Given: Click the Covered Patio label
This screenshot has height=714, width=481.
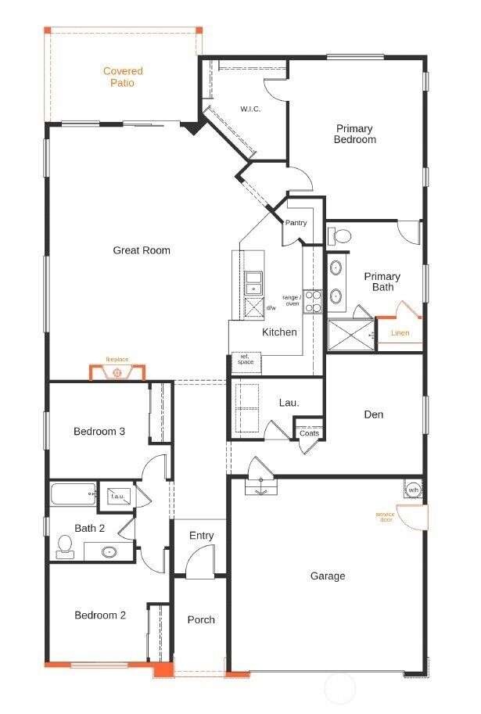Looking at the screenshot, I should point(123,77).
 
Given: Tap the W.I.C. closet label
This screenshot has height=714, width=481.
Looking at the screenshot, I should point(250,109).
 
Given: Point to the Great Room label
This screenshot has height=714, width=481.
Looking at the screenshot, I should point(142,250).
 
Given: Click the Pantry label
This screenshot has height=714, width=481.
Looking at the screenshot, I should point(296,223).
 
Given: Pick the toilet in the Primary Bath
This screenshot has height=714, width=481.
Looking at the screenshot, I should point(341,235).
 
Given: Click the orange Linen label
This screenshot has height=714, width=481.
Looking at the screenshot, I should point(400,333).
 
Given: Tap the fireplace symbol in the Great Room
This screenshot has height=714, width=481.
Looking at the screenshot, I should point(117,371).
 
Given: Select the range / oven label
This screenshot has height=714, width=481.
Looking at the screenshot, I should point(292,300).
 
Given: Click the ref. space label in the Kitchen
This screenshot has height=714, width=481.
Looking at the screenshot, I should point(245,360).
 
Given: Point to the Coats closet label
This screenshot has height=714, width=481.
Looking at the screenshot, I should point(309,433).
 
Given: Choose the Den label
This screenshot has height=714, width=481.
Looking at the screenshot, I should point(374,414).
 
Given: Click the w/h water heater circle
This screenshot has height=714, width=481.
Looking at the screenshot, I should point(413,490).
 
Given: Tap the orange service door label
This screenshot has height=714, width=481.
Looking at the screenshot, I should point(384,517).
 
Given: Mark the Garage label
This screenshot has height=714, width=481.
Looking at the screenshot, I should point(327,576).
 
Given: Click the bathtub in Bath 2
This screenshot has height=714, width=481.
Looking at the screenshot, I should point(73,494).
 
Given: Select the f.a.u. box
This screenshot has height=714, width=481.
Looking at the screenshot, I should point(119,496).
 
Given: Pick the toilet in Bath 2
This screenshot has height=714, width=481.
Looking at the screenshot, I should point(65,547).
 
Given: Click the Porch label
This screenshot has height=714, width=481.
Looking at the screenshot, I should point(201,620).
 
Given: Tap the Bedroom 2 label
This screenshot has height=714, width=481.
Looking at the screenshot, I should point(100,615).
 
